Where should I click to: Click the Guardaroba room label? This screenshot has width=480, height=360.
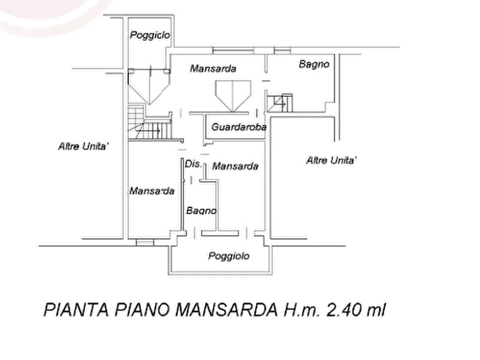point(239,127)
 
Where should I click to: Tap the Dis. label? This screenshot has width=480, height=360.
point(193,164)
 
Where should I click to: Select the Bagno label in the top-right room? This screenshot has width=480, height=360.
point(314,64)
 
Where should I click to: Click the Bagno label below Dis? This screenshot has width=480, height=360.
point(202,211)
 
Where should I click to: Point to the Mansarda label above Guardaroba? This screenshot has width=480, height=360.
point(213,68)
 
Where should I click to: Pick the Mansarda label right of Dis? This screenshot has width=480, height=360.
point(235,166)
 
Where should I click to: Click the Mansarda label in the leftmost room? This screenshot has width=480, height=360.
point(152,191)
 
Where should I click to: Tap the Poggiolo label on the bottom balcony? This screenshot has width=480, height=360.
point(228,256)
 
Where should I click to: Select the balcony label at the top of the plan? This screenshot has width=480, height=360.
point(149,35)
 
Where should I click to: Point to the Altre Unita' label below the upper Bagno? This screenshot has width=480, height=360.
point(332,160)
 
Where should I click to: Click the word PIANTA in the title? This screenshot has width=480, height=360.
point(76,310)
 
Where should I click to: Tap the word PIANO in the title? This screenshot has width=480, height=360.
point(142,310)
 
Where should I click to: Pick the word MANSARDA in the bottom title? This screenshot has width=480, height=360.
point(226,310)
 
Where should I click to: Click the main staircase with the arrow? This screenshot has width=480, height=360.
point(149,123)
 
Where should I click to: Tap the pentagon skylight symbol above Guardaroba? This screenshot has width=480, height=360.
point(233,96)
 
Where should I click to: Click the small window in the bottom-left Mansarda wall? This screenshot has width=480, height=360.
point(145,243)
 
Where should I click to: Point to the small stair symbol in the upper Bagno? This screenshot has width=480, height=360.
point(280,103)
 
